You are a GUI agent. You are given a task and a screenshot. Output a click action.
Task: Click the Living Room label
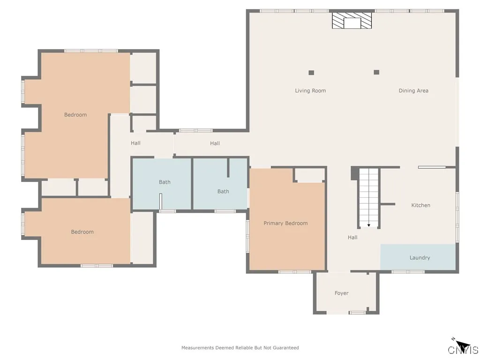[310, 91]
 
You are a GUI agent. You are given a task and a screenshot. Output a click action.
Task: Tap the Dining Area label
[413, 91]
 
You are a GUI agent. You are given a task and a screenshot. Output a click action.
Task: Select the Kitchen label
[420, 205]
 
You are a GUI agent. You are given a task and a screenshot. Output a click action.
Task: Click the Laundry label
[420, 258]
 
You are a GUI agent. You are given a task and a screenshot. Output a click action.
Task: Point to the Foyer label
[341, 293]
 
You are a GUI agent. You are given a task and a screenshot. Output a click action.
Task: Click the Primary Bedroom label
[285, 224]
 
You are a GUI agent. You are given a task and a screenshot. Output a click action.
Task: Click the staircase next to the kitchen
[369, 197]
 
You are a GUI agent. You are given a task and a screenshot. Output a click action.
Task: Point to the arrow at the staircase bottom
[369, 225]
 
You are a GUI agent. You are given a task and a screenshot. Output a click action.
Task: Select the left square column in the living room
[311, 73]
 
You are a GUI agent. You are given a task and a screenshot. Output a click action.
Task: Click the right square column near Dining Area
[376, 72]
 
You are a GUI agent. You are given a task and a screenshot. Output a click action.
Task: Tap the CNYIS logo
[463, 348]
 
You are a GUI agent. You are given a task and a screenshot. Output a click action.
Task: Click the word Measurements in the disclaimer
[197, 348]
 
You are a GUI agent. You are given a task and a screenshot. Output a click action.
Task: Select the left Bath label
[165, 182]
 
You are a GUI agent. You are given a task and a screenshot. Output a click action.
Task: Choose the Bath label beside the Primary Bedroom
[223, 191]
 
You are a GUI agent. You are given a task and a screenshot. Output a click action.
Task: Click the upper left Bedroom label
[75, 115]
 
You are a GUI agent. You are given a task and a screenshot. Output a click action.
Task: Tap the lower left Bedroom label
[82, 232]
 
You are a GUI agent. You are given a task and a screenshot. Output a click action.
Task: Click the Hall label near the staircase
[352, 238]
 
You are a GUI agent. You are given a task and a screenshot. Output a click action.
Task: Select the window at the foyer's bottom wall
[357, 313]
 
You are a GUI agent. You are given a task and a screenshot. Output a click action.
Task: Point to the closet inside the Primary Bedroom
[310, 175]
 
